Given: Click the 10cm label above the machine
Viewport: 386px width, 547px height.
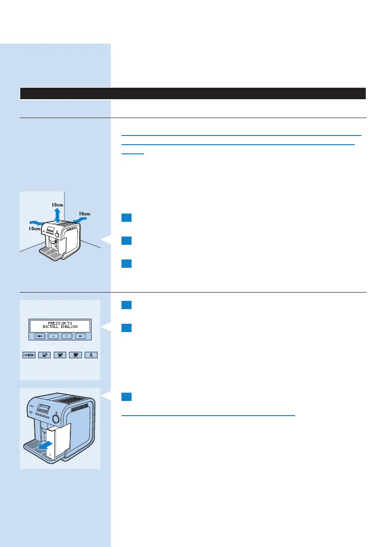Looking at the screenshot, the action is pyautogui.click(x=57, y=204).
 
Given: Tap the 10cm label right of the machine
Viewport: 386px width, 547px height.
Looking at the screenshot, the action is pyautogui.click(x=84, y=214).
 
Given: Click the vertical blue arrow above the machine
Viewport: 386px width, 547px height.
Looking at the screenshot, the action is pyautogui.click(x=57, y=214).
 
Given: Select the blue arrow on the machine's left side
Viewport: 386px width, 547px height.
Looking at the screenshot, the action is pyautogui.click(x=38, y=223).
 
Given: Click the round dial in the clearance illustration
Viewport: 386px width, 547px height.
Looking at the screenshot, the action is pyautogui.click(x=57, y=235).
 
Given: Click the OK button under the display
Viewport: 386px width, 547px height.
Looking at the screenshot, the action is pyautogui.click(x=81, y=336).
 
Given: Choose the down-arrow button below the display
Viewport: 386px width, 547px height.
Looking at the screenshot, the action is pyautogui.click(x=67, y=336).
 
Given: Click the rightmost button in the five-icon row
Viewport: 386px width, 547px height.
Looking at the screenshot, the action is pyautogui.click(x=92, y=355).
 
